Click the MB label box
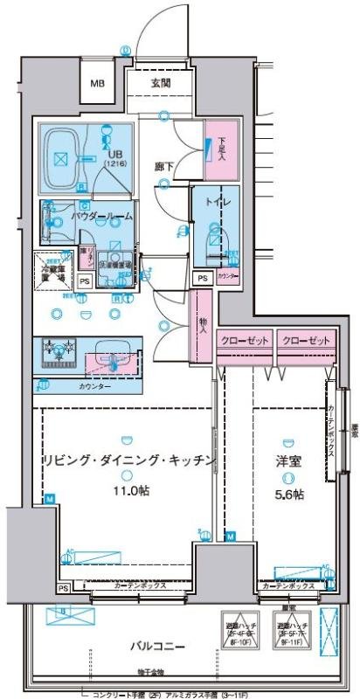pos(98,85)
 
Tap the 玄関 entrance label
pos(160,83)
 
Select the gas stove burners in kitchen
pos(60,351)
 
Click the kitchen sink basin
pos(109,351)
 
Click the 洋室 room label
pos(290,460)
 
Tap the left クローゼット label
pos(246,339)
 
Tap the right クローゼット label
pos(307,339)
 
